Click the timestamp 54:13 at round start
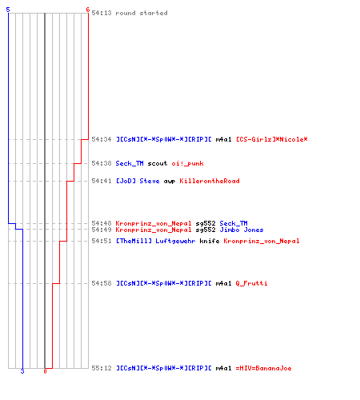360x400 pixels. click(102, 13)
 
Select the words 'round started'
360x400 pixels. click(142, 13)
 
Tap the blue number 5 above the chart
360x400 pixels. click(8, 10)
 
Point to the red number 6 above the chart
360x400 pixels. click(88, 10)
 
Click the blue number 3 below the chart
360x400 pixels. click(22, 371)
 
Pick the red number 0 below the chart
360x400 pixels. click(45, 371)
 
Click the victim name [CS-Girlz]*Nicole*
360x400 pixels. click(272, 139)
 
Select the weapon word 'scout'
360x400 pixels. click(158, 163)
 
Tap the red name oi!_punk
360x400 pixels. click(187, 163)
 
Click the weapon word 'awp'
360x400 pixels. click(170, 181)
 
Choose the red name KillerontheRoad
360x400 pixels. click(210, 181)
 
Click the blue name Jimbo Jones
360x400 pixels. click(242, 230)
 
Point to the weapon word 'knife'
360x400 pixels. click(210, 241)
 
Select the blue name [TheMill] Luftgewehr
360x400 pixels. click(155, 241)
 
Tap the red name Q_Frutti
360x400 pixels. click(251, 283)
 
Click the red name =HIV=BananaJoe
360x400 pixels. click(263, 368)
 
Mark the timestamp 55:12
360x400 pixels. click(102, 368)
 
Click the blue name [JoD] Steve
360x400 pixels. click(138, 181)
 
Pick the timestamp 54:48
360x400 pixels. click(102, 223)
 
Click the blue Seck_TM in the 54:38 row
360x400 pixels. click(130, 163)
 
